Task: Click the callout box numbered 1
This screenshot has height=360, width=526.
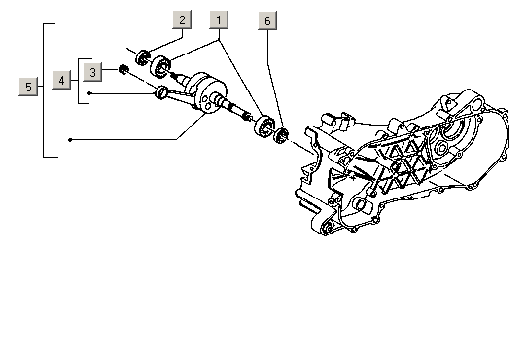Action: click(219, 19)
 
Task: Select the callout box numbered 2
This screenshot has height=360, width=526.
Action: click(182, 19)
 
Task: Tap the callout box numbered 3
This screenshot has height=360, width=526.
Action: click(92, 72)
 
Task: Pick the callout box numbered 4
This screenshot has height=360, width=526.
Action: click(61, 80)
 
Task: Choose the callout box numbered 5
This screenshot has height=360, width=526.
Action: click(28, 87)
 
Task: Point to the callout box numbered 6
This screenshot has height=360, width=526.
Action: click(267, 20)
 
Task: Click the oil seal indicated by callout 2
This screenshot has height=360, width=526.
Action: click(143, 57)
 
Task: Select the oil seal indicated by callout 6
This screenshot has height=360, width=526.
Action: click(281, 135)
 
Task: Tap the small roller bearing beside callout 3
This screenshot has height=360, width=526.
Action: click(123, 69)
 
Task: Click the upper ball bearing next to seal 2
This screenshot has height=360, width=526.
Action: click(160, 67)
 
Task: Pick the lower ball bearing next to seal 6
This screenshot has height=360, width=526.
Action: click(264, 126)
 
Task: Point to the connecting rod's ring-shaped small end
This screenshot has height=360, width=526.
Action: click(161, 92)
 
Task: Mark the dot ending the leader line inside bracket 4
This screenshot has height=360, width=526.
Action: click(88, 93)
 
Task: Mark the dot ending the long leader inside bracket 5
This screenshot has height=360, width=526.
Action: click(70, 140)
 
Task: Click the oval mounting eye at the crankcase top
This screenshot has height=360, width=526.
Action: click(476, 103)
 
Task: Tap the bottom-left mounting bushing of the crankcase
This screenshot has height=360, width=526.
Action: click(326, 229)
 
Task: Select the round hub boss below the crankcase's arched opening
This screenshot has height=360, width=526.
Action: click(441, 147)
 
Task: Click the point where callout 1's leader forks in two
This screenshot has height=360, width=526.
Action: click(219, 40)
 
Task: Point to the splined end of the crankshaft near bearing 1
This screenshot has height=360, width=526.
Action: click(248, 116)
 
